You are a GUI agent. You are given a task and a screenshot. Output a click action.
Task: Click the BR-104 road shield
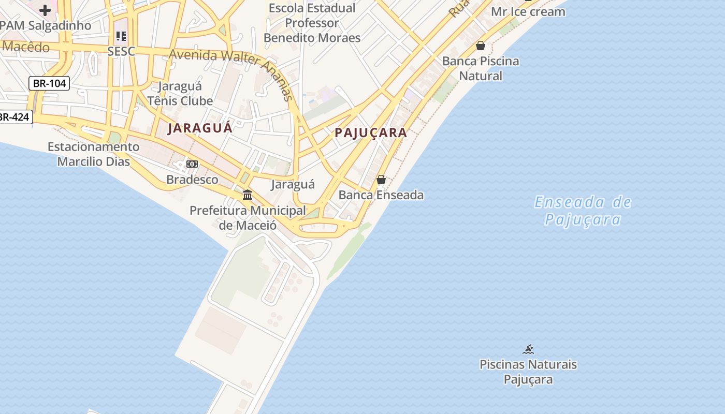pyautogui.click(x=49, y=83)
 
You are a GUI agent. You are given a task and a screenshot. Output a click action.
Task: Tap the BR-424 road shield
pyautogui.click(x=14, y=117)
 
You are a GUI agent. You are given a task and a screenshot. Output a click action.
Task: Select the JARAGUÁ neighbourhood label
pyautogui.click(x=200, y=128)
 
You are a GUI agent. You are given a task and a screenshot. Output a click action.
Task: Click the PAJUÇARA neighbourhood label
pyautogui.click(x=371, y=132)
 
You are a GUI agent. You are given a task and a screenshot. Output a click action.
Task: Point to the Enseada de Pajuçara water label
pyautogui.click(x=583, y=211)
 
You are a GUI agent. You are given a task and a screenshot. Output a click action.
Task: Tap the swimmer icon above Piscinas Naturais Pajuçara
pyautogui.click(x=528, y=349)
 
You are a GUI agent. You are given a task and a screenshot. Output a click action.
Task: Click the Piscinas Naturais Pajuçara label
pyautogui.click(x=528, y=372)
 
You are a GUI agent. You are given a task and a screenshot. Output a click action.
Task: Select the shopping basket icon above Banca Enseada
pyautogui.click(x=381, y=180)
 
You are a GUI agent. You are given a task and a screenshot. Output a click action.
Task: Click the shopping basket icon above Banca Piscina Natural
pyautogui.click(x=481, y=46)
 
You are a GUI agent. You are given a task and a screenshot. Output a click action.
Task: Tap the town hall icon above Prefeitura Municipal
pyautogui.click(x=248, y=195)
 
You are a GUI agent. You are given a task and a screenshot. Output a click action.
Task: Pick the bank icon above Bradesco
pyautogui.click(x=192, y=164)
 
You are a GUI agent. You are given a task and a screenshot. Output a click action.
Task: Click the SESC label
pyautogui.click(x=121, y=51)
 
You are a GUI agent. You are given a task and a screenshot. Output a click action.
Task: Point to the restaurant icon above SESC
pyautogui.click(x=121, y=36)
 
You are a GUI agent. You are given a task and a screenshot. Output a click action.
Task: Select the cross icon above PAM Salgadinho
pyautogui.click(x=45, y=10)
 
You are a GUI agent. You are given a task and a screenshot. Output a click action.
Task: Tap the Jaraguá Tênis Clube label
pyautogui.click(x=180, y=93)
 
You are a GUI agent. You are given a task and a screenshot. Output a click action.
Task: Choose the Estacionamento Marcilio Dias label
pyautogui.click(x=94, y=154)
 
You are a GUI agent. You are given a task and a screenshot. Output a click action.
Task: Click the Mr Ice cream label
pyautogui.click(x=528, y=11)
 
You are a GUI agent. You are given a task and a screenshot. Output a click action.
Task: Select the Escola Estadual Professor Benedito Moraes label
pyautogui.click(x=312, y=23)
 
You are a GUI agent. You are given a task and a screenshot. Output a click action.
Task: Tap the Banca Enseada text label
pyautogui.click(x=381, y=195)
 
